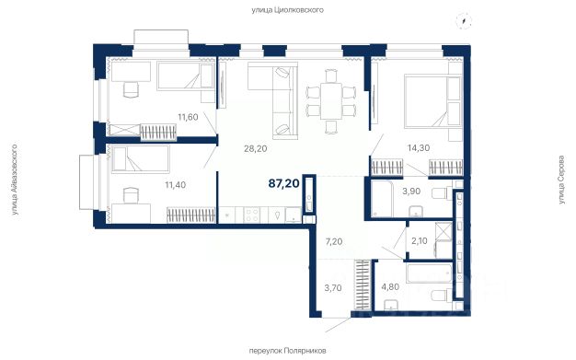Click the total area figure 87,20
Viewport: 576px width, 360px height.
(x=284, y=183)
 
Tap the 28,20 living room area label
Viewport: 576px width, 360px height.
(x=255, y=148)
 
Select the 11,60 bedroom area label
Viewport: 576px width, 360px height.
(x=188, y=117)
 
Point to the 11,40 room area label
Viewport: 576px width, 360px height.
(x=175, y=184)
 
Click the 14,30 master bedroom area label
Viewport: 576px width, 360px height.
(x=419, y=148)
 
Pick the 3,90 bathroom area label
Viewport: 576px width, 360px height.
(x=411, y=192)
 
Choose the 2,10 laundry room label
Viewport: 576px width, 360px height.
(x=420, y=241)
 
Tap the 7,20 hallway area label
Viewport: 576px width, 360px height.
(x=334, y=241)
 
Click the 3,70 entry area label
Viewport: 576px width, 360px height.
(x=333, y=288)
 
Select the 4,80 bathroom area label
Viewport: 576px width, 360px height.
(x=390, y=287)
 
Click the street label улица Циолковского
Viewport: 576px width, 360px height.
(x=288, y=10)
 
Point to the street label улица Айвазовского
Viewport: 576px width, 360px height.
(x=15, y=180)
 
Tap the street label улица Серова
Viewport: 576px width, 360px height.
(x=561, y=180)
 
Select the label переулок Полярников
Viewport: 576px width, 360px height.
(x=287, y=351)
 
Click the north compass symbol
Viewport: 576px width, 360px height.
(x=464, y=20)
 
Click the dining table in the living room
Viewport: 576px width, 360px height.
(x=331, y=101)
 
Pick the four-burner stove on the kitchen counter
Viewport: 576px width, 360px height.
(x=252, y=215)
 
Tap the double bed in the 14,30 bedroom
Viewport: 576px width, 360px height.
(x=432, y=100)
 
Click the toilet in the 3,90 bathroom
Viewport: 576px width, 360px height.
(x=442, y=192)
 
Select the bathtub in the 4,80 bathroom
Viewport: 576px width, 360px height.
(x=429, y=273)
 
